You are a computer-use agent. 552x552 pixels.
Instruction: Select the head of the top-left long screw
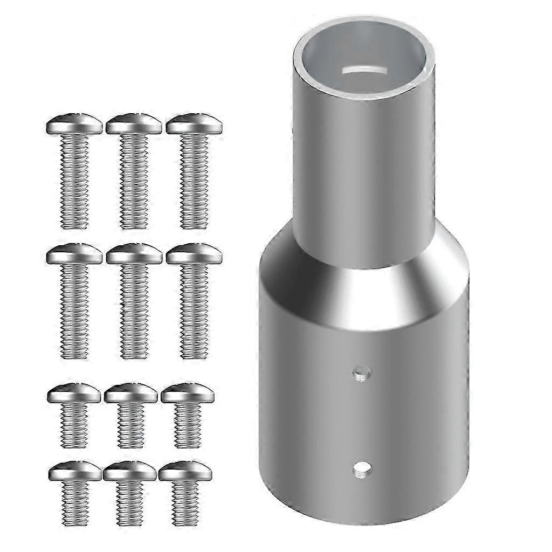[x=74, y=125]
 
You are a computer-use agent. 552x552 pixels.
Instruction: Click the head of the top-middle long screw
[x=134, y=125]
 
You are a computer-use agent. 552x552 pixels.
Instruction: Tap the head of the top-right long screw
[x=194, y=125]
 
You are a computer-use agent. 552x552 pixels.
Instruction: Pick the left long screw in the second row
[x=74, y=302]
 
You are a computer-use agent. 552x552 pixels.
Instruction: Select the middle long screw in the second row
[x=134, y=302]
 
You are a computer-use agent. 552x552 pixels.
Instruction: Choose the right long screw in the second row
[x=194, y=302]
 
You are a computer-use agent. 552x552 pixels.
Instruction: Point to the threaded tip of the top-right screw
[x=194, y=221]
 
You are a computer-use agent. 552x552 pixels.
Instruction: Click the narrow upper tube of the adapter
[x=364, y=162]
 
